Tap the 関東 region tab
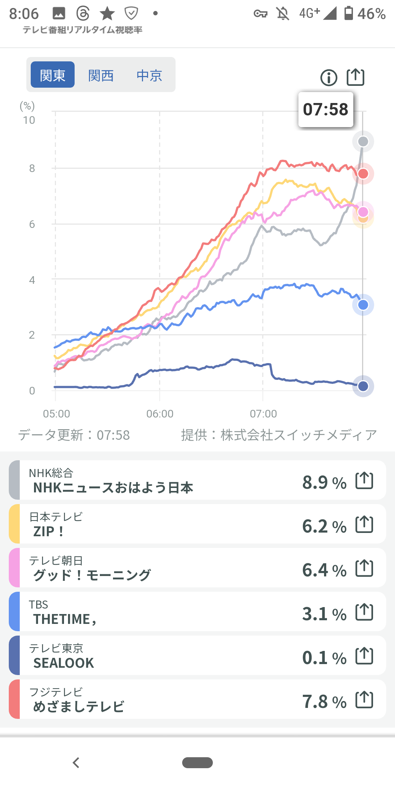point(53,75)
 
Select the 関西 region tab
point(101,76)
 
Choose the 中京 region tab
point(149,76)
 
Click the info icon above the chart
point(329,78)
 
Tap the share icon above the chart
point(355,77)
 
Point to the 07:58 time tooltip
point(326,110)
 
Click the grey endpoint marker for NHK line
point(363,141)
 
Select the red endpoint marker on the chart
point(363,174)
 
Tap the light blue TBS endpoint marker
point(363,305)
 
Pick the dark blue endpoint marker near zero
point(363,386)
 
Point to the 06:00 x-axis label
point(160,414)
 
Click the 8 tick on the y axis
point(32,168)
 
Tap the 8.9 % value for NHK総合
point(324,482)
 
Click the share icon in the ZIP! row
point(364,525)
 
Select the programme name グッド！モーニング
point(92,575)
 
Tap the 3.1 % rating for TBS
point(324,614)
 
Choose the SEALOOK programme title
point(64,663)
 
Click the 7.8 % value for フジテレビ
point(324,701)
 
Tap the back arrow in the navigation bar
point(76,763)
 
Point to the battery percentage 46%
point(371,14)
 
